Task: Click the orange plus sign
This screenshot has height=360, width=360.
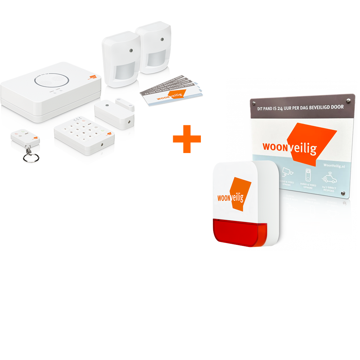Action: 186,139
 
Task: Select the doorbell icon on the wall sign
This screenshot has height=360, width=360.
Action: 308,175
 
